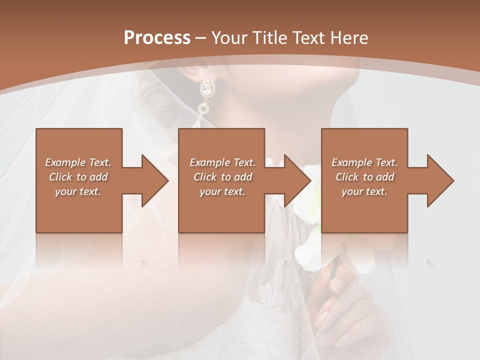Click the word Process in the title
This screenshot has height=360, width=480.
[157, 38]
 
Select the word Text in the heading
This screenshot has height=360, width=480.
[309, 38]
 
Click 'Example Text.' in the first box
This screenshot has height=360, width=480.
[78, 162]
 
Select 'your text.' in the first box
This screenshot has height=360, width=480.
[78, 191]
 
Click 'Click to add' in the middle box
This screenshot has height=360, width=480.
[222, 177]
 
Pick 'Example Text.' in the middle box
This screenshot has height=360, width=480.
[222, 162]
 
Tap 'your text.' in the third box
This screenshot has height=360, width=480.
[364, 191]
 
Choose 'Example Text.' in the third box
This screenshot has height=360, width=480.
[364, 162]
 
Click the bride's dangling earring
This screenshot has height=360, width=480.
[205, 100]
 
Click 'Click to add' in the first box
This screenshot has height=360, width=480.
[78, 177]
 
